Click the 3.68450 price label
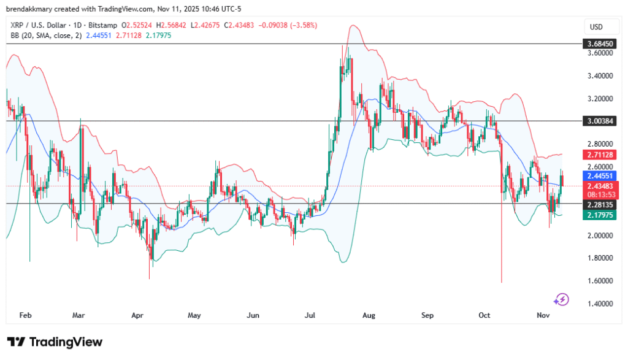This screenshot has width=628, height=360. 599,44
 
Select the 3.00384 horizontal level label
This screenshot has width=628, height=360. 599,121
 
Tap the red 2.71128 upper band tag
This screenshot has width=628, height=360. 599,155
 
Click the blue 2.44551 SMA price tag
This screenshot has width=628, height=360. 599,175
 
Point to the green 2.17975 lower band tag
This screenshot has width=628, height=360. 599,215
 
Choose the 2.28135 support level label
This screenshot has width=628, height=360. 599,204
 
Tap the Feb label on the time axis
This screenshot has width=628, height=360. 25,315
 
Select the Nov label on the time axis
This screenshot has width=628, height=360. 543,315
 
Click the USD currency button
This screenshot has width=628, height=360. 597,27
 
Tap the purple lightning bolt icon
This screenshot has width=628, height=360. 561,299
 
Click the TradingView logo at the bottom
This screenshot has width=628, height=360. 55,342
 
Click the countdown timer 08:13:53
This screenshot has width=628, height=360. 599,194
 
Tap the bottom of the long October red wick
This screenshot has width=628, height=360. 502,281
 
